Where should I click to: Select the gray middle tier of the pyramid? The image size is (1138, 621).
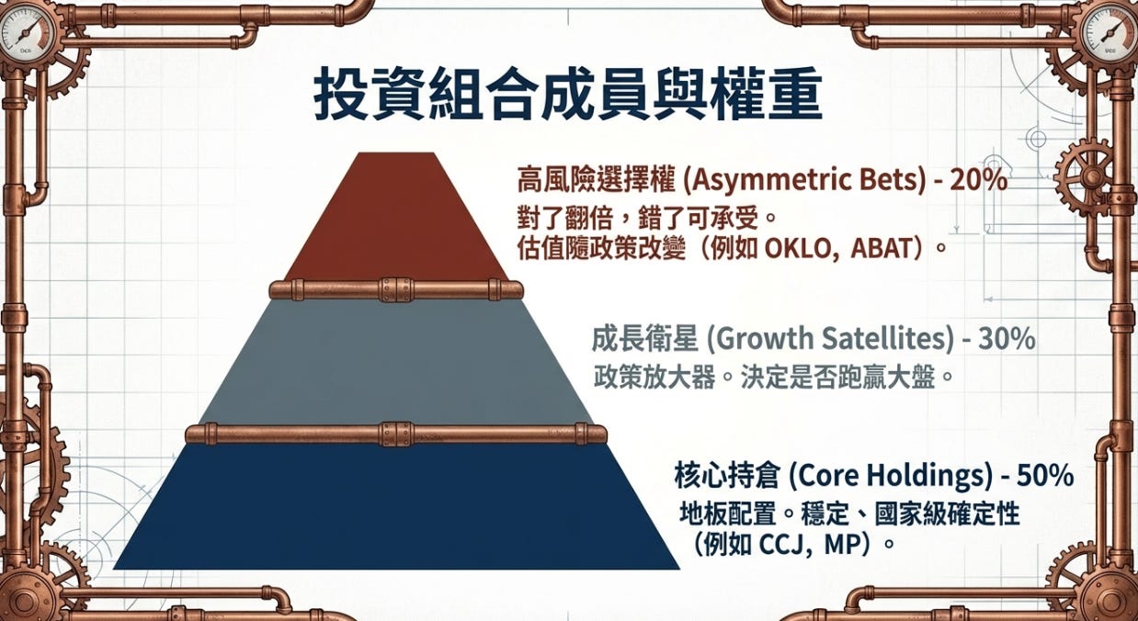pyautogui.click(x=396, y=362)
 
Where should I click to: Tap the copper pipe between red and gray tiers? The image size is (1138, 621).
pyautogui.click(x=396, y=290)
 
